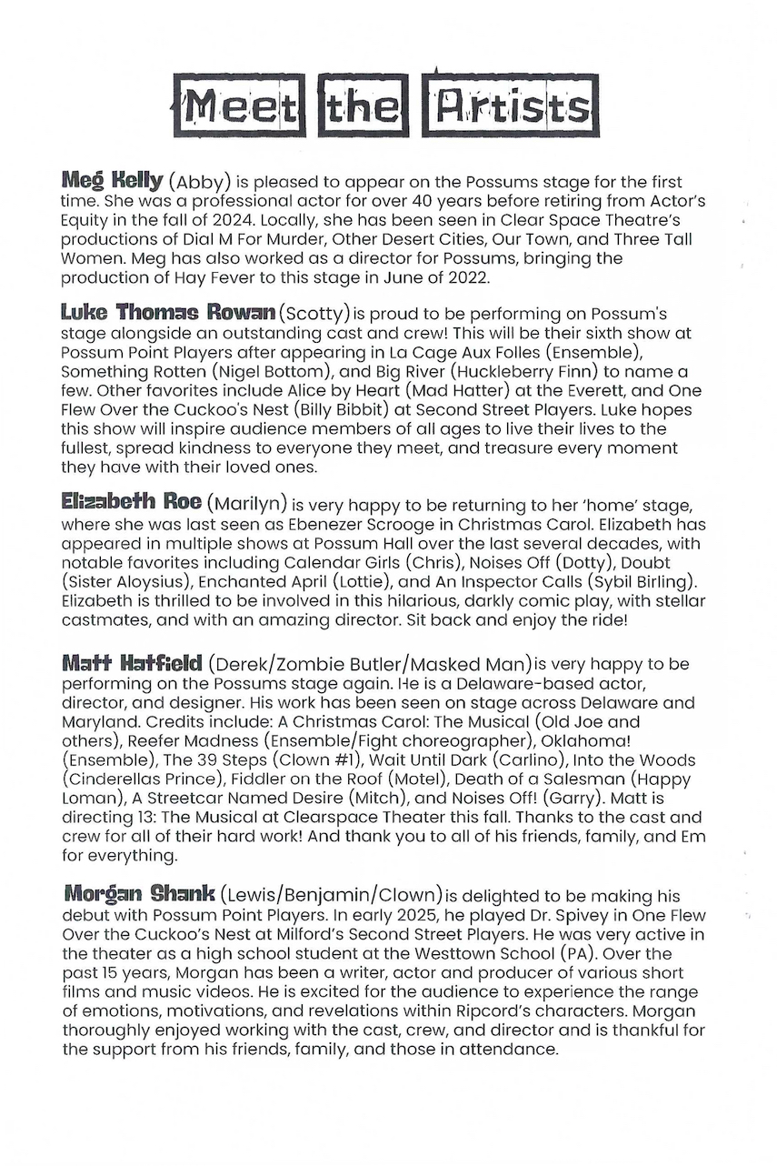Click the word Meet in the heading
pyautogui.click(x=239, y=107)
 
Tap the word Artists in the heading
pyautogui.click(x=513, y=107)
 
